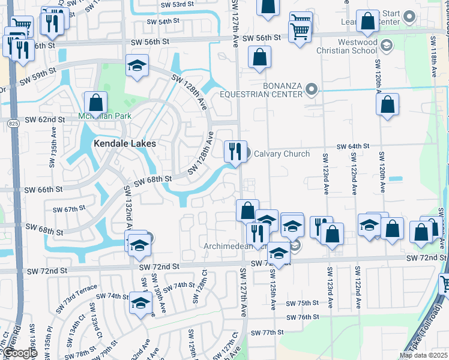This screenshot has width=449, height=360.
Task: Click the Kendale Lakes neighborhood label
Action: pyautogui.click(x=124, y=144)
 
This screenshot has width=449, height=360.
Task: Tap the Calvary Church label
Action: pyautogui.click(x=282, y=154)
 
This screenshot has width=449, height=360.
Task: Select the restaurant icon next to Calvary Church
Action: pyautogui.click(x=235, y=151)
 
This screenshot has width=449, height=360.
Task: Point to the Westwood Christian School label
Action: pyautogui.click(x=349, y=47)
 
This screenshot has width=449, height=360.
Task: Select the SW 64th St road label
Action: pyautogui.click(x=352, y=146)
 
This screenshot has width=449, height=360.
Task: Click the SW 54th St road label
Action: pyautogui.click(x=166, y=21)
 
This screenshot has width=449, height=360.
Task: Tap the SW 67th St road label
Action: pyautogui.click(x=70, y=209)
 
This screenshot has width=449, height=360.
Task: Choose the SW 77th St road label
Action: pyautogui.click(x=267, y=332)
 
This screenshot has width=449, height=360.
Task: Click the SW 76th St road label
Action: pyautogui.click(x=302, y=317)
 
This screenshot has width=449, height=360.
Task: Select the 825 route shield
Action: pyautogui.click(x=13, y=123)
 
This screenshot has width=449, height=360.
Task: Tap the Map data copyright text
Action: pyautogui.click(x=424, y=355)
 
